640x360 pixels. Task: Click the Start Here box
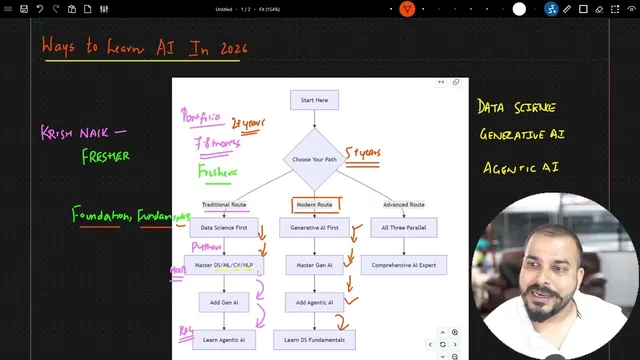(x=314, y=100)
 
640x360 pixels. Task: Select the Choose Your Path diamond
(x=314, y=159)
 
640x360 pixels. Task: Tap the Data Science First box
(x=223, y=228)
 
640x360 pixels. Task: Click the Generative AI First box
(x=314, y=228)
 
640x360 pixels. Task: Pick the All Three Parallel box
(x=403, y=228)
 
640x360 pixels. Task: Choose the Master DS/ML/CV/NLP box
(x=223, y=266)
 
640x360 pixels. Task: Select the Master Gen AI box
(x=314, y=266)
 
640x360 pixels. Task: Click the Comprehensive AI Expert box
(x=403, y=266)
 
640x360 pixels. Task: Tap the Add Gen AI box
(x=223, y=302)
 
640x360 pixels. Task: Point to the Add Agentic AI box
(x=314, y=302)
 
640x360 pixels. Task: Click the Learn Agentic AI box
(x=223, y=340)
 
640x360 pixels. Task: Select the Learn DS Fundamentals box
(x=314, y=340)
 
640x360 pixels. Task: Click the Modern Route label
(x=314, y=205)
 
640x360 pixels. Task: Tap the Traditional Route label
(x=223, y=205)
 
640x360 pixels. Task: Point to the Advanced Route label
(x=403, y=205)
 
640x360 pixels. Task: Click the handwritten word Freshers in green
(x=217, y=172)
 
